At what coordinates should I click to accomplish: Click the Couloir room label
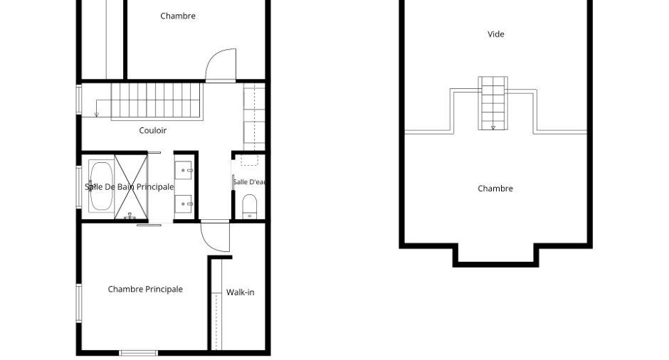(153, 130)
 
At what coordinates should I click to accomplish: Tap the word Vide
(496, 34)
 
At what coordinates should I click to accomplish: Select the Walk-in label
(241, 292)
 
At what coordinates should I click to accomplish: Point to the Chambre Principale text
(145, 289)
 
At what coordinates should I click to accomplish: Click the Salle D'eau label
(249, 182)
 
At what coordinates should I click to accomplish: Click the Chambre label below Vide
(495, 189)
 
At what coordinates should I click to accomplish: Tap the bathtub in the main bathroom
(102, 186)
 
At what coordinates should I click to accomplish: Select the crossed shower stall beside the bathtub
(131, 187)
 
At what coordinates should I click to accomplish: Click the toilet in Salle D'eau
(250, 206)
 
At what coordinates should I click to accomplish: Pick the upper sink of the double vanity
(184, 171)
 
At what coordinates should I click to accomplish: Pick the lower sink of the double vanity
(184, 204)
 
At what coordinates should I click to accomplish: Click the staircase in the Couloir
(157, 102)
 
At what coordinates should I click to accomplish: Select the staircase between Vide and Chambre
(492, 103)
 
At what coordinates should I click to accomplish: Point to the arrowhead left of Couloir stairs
(96, 115)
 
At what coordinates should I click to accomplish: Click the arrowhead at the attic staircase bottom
(493, 127)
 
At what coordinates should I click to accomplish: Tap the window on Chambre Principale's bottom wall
(138, 353)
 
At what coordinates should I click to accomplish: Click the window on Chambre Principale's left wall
(79, 303)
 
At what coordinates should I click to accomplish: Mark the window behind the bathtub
(79, 187)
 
